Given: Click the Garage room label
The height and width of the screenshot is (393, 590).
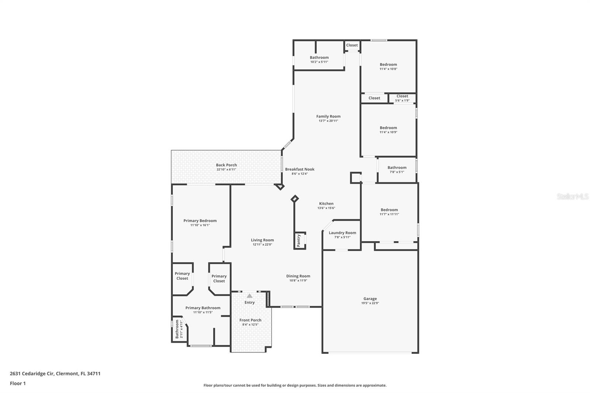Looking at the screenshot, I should (x=370, y=299).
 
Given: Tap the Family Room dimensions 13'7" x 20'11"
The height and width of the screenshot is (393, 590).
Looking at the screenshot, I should (x=328, y=121).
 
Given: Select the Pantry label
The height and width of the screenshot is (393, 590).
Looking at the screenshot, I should (x=299, y=241).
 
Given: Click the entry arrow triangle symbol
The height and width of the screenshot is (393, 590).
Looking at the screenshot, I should (x=250, y=296).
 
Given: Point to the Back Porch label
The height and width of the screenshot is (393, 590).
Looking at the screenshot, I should (x=226, y=165).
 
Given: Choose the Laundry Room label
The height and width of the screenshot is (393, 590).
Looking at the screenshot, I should (x=342, y=233).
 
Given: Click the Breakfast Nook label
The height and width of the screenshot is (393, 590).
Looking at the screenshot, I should (x=299, y=169).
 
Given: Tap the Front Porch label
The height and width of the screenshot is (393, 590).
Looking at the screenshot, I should (x=250, y=320).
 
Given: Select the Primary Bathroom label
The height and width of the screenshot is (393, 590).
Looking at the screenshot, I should (x=203, y=308).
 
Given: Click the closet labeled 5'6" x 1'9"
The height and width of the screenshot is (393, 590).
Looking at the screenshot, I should (x=402, y=98).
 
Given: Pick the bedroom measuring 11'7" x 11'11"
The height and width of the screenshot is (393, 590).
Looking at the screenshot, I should (x=389, y=212).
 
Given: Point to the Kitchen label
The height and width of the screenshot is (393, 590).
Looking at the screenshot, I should (x=326, y=204).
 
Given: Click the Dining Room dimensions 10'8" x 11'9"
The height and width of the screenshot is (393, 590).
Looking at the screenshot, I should (x=298, y=281).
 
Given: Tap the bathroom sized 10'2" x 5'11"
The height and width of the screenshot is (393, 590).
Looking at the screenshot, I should (x=319, y=59).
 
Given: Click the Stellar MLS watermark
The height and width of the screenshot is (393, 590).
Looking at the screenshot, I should (x=572, y=196).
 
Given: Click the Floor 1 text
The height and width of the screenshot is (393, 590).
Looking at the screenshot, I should (x=18, y=383).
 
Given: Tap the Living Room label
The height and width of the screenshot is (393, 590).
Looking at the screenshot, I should (x=262, y=240).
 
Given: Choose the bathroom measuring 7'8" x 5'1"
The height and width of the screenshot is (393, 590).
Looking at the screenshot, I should (x=397, y=169).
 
